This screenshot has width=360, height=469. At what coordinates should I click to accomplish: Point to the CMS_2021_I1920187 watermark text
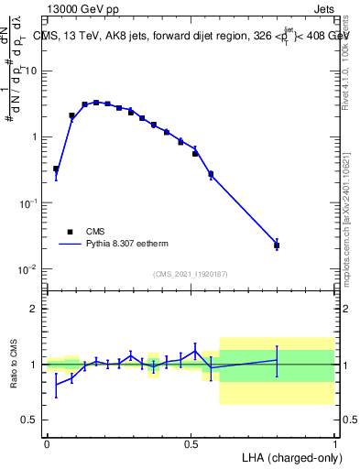point(190,273)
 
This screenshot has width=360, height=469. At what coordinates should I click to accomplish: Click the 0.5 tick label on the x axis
point(191,443)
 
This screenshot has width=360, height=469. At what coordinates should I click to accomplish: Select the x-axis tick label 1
point(334,443)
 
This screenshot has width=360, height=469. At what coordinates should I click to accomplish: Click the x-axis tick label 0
point(47,443)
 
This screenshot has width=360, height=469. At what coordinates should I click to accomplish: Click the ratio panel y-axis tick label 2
point(35,309)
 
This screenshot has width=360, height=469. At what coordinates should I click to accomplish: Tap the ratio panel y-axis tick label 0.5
point(30,420)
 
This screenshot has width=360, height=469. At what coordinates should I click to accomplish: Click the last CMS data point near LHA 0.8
point(277,245)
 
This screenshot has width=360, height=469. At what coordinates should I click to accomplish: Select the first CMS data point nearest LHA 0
point(56,169)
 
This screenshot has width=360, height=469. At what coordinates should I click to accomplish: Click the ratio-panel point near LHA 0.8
point(277,360)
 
